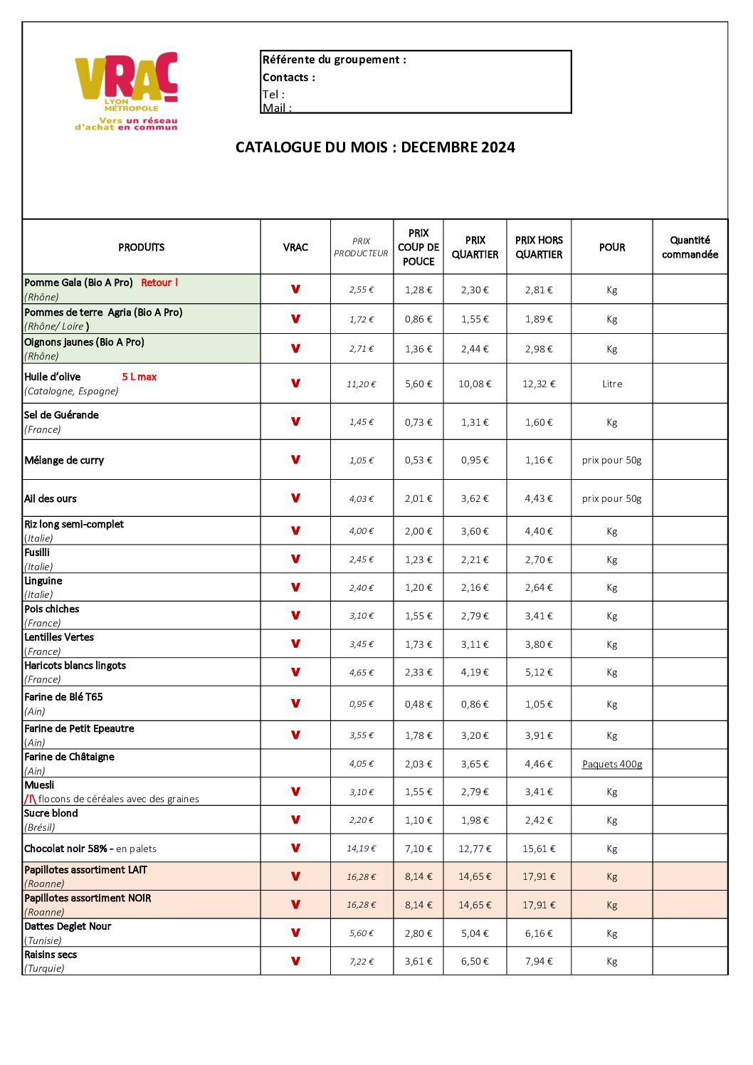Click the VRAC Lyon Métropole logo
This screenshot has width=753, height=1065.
[x=127, y=90]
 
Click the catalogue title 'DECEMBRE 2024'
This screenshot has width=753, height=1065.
[x=458, y=147]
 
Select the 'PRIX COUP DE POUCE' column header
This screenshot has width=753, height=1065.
[x=418, y=247]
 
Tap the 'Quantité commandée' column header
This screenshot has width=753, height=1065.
[x=690, y=247]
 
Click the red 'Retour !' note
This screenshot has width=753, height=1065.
[x=159, y=283]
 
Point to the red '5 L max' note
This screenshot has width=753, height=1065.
[x=139, y=377]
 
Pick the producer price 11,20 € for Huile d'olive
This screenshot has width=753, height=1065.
[x=362, y=384]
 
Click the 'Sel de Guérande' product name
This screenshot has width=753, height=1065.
[x=62, y=415]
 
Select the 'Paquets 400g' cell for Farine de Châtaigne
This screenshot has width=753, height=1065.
[x=612, y=764]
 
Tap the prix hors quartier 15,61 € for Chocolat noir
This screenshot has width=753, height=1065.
[x=539, y=849]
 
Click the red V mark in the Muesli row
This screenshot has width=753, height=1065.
[x=295, y=792]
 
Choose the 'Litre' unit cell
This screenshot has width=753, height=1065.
[x=612, y=384]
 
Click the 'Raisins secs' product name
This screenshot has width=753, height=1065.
[x=51, y=955]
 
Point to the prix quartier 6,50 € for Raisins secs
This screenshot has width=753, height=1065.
[x=475, y=961]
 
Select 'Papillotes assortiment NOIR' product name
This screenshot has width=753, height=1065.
[x=88, y=898]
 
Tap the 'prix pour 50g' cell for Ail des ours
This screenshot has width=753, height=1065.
[x=612, y=498]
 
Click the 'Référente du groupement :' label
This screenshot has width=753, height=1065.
[x=335, y=60]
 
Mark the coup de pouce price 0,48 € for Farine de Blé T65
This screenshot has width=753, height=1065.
[x=418, y=704]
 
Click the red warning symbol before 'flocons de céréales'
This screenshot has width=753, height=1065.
[x=31, y=799]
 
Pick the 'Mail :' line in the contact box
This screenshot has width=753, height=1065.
[x=277, y=107]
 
